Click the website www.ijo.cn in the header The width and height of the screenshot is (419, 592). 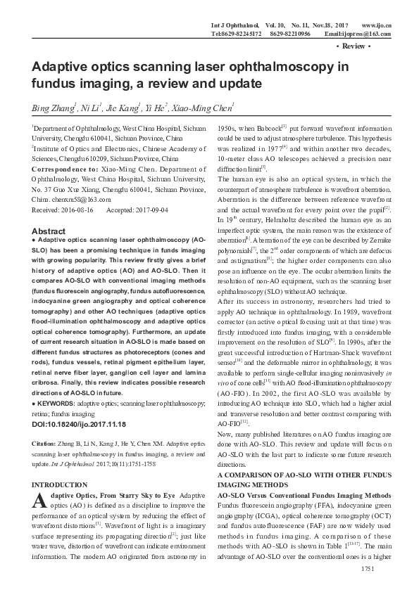point(377,25)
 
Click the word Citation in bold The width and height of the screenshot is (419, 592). point(45,444)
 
